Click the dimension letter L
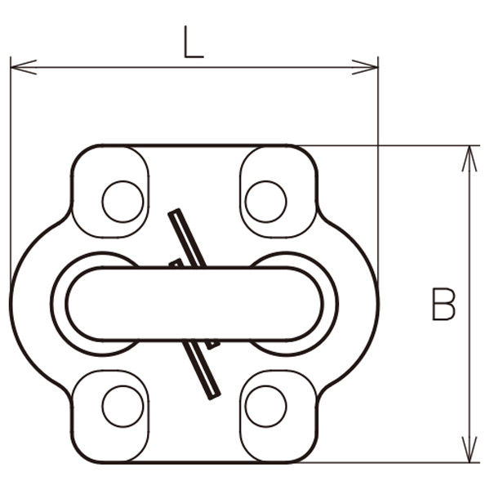(x=194, y=42)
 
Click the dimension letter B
(x=443, y=304)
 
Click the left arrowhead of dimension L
(x=24, y=67)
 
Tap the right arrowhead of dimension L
(x=365, y=67)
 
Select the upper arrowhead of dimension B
(x=470, y=158)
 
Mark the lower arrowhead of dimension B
(x=470, y=449)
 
